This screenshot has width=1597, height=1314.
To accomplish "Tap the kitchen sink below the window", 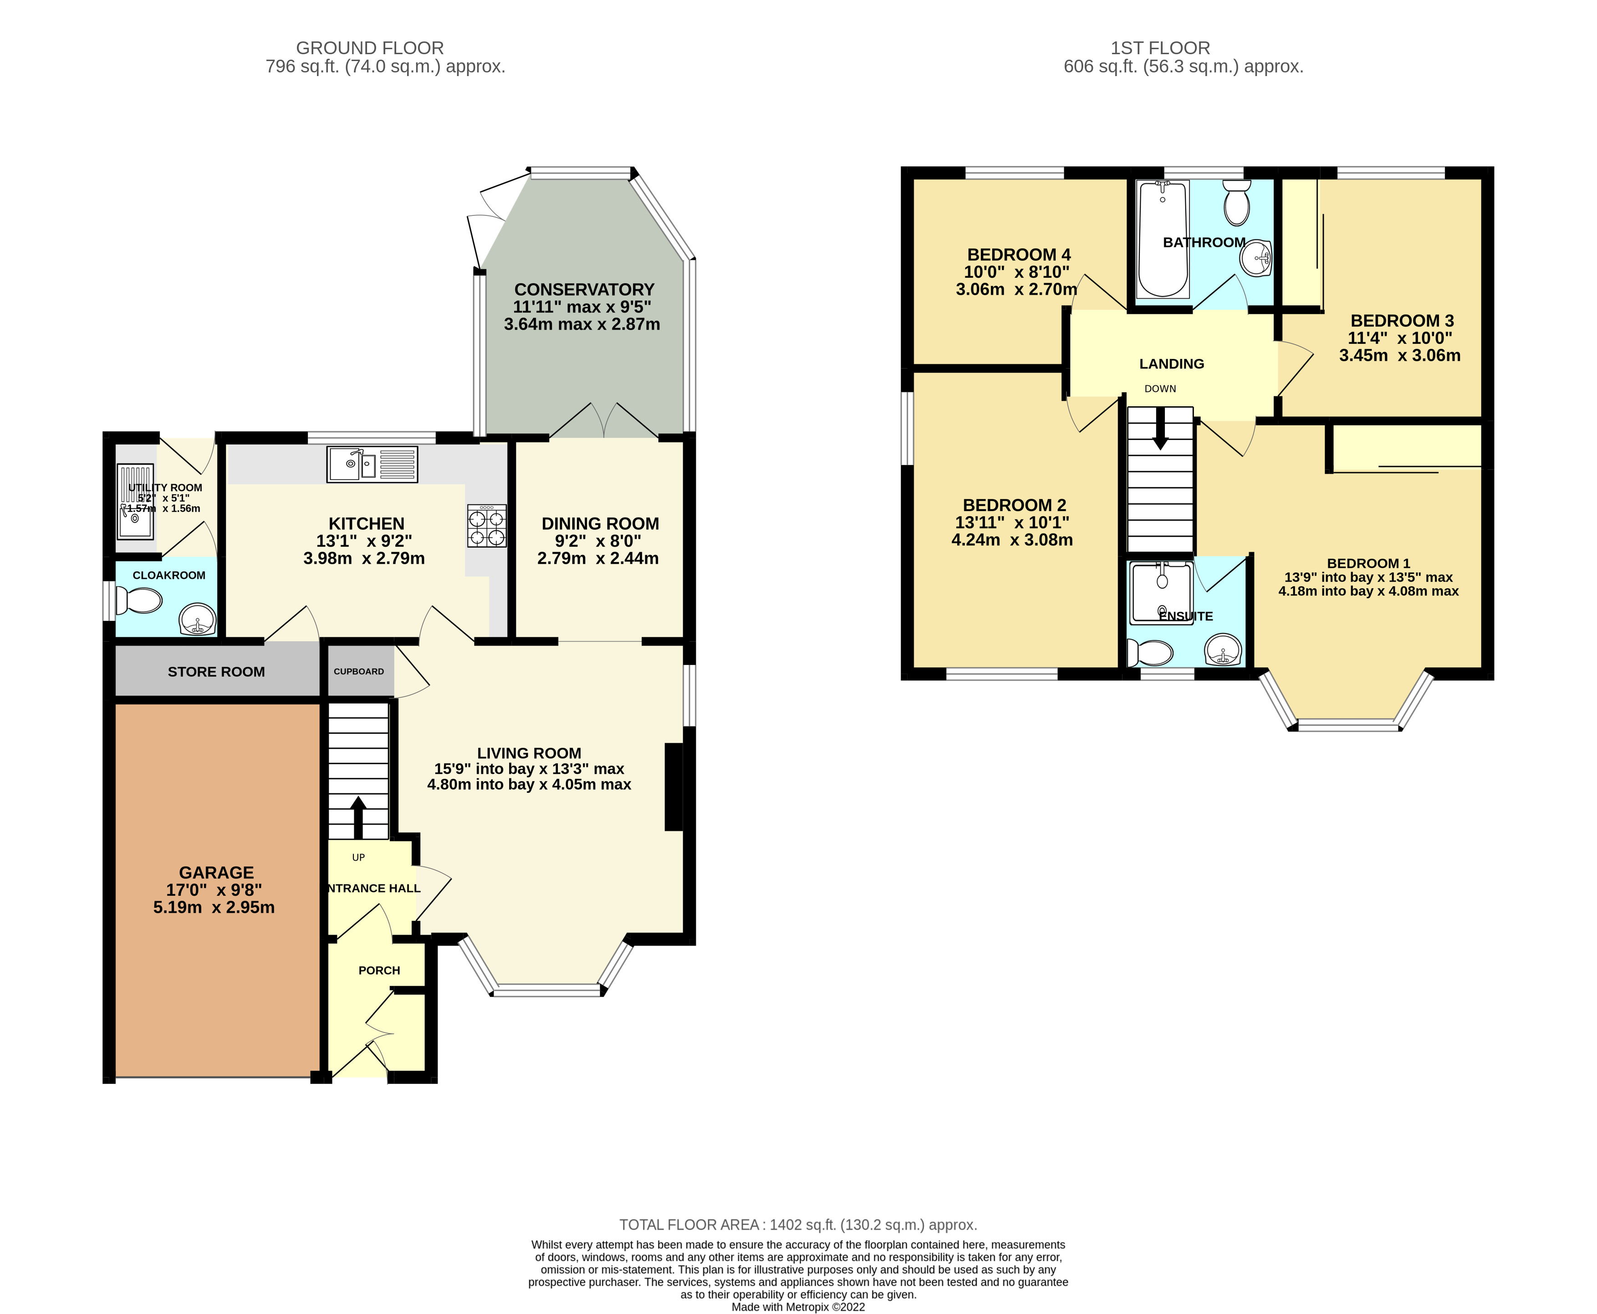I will (x=372, y=464).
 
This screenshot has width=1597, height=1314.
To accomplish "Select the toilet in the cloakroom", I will (x=139, y=602).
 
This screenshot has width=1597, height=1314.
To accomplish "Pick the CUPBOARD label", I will (x=359, y=671).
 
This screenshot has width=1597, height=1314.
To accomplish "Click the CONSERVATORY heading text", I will (x=583, y=290).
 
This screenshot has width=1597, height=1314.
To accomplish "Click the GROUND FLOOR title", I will (x=369, y=48).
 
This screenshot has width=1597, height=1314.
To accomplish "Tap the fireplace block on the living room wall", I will (x=673, y=787).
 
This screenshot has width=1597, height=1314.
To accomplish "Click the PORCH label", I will (x=379, y=971).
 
